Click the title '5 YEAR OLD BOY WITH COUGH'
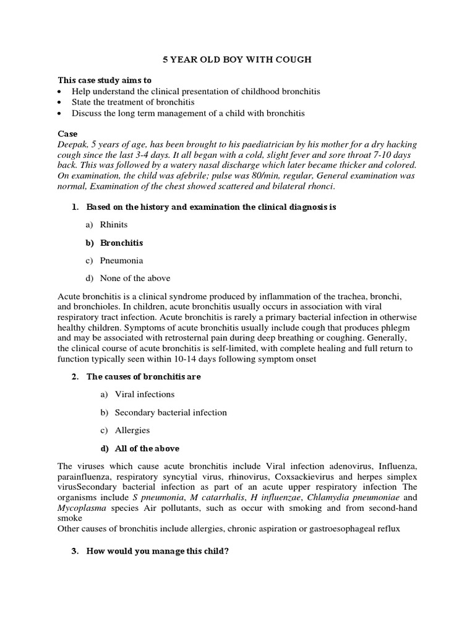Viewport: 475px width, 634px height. [237, 59]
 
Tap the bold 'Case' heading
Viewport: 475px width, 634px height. [67, 133]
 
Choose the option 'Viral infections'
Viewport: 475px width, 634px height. [145, 394]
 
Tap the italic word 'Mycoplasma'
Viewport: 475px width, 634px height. [79, 508]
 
